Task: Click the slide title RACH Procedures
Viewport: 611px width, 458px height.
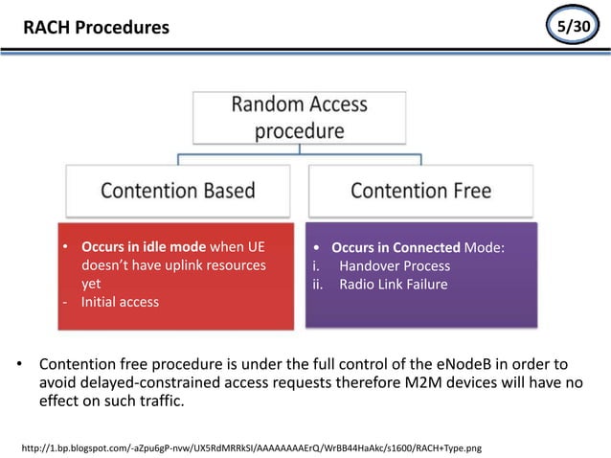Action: click(96, 28)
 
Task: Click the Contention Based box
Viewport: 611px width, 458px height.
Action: click(178, 191)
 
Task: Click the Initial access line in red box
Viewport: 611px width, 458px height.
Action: click(120, 302)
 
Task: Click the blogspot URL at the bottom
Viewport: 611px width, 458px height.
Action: click(251, 447)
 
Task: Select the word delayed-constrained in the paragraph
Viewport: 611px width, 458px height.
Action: click(153, 382)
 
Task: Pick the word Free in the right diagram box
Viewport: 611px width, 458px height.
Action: click(466, 191)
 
